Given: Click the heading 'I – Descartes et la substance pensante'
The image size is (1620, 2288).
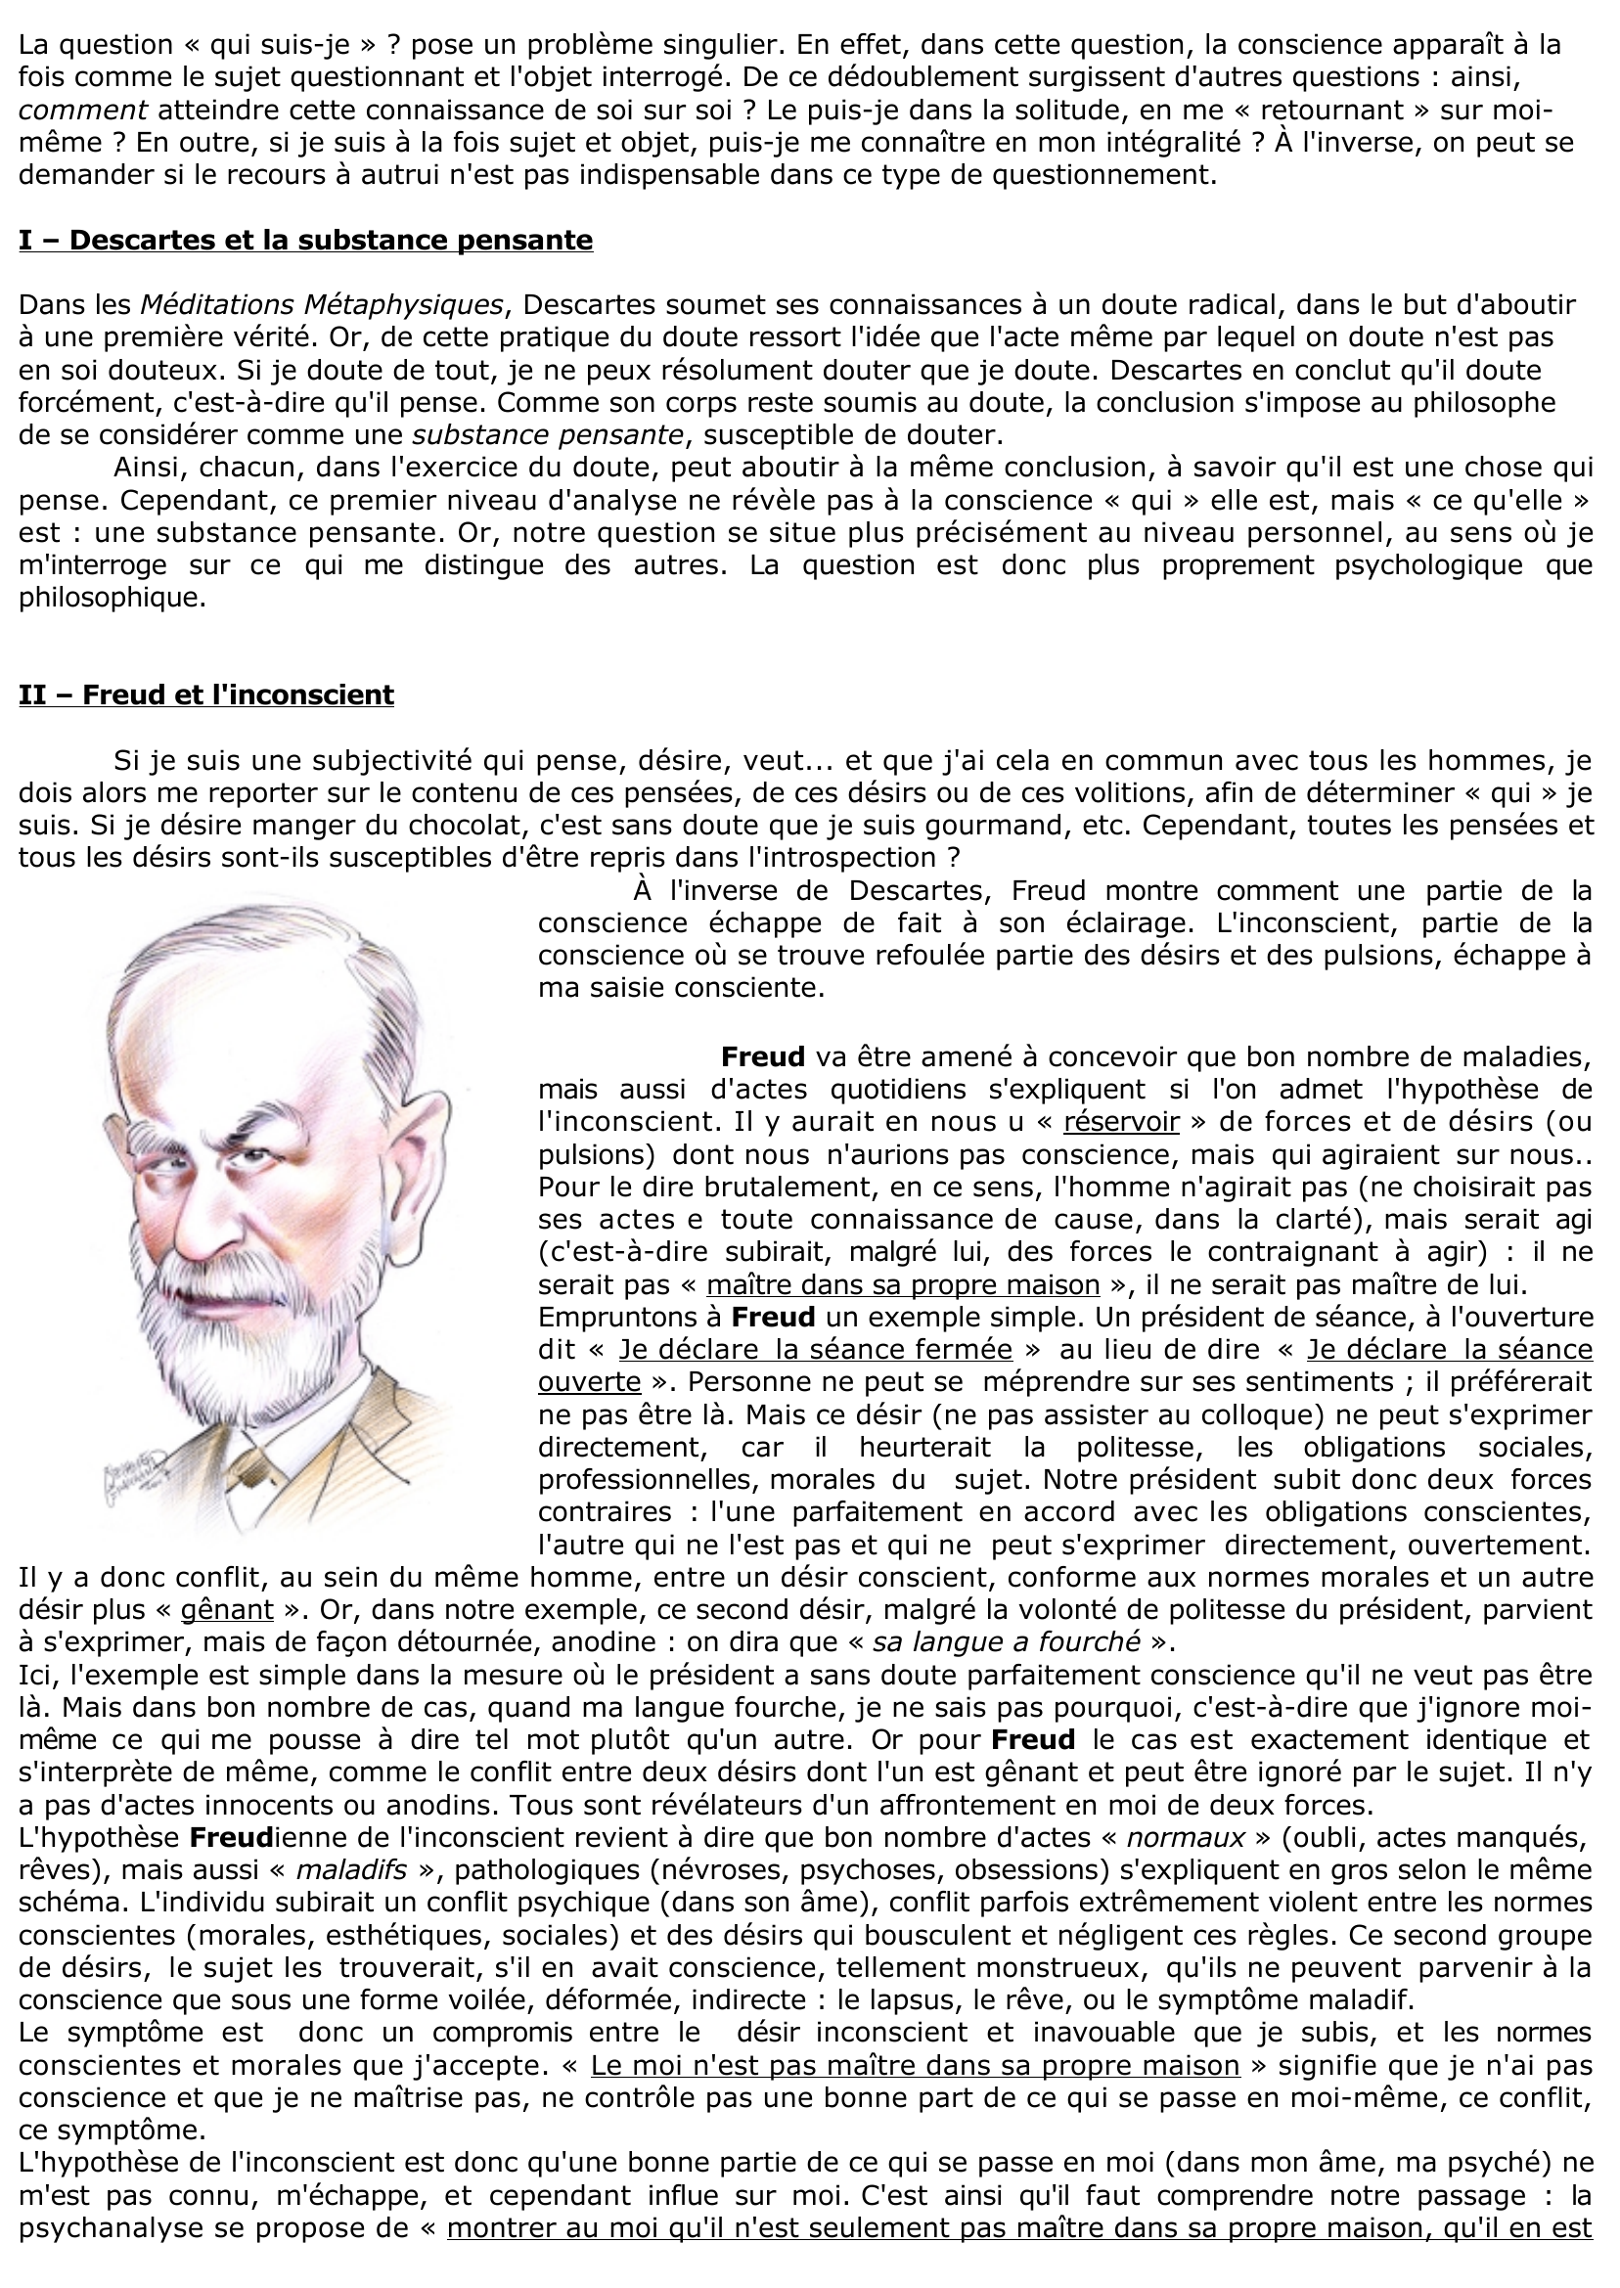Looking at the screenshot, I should point(305,241).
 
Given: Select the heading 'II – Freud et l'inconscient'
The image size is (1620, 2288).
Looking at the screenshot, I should point(205,695).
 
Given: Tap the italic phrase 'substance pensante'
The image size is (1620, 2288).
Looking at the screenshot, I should point(548,435).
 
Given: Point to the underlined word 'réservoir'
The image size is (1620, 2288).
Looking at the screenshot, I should point(1121,1121).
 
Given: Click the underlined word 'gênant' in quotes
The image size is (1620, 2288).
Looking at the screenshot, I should point(226,1610).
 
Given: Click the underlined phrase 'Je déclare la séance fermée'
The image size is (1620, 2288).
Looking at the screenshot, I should point(815,1350).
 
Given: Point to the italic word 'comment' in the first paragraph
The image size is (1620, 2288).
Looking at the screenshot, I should point(83,110).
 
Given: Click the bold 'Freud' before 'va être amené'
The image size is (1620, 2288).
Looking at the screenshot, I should point(762,1056).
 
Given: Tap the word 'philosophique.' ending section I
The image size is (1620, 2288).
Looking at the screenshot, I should point(112,599).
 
